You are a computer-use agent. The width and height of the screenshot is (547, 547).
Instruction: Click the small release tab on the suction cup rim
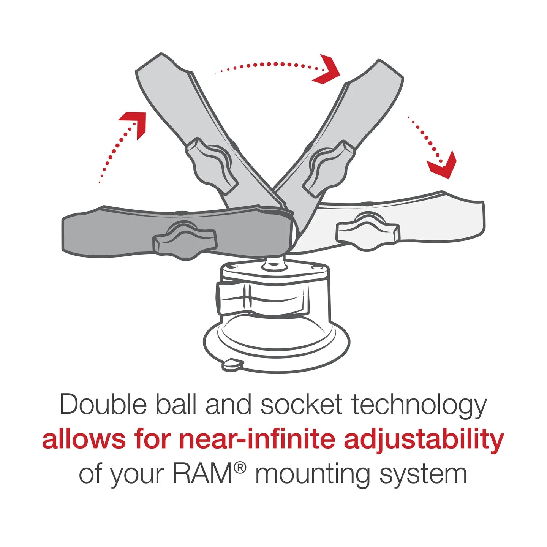click(x=232, y=364)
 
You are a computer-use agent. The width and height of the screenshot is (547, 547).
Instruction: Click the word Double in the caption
click(x=103, y=405)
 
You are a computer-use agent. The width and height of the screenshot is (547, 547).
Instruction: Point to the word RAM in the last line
click(x=202, y=474)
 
